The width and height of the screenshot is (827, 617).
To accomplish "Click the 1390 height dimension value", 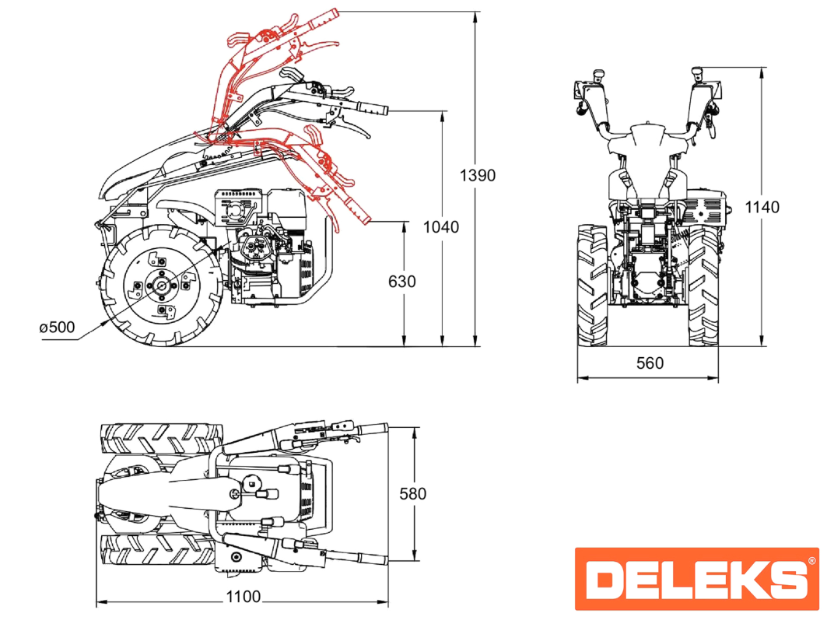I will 477,176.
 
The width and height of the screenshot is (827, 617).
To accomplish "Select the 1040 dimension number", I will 441,227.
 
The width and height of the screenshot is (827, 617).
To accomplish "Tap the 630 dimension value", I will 401,282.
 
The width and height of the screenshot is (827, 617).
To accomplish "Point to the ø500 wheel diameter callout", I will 57,327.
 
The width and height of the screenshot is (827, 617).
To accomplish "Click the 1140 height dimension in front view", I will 762,207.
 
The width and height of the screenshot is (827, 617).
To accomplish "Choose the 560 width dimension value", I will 649,363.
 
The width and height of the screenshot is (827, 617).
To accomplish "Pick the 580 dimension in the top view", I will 412,493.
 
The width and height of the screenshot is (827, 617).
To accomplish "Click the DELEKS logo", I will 696,579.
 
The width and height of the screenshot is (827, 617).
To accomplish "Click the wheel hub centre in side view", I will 160,286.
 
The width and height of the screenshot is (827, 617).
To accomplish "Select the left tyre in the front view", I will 592,286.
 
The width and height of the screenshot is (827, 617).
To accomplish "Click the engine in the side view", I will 268,249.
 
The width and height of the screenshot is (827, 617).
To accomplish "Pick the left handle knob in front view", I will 599,75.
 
